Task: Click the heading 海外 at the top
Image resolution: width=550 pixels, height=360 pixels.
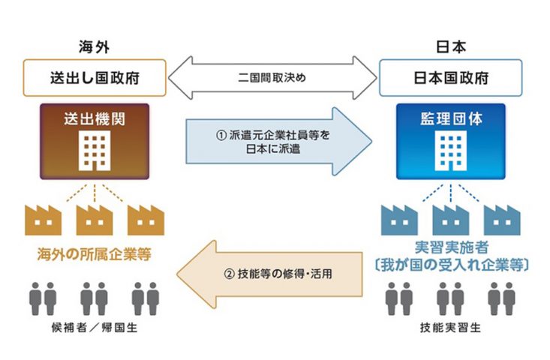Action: click(94, 46)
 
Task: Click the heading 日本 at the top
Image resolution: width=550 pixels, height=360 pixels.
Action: click(451, 46)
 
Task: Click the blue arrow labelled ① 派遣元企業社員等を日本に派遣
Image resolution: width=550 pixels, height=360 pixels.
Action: click(278, 140)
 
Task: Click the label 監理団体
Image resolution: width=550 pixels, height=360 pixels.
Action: click(452, 118)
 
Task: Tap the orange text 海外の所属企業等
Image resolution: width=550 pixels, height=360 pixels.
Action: click(94, 254)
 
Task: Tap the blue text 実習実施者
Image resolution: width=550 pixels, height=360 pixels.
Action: click(451, 248)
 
